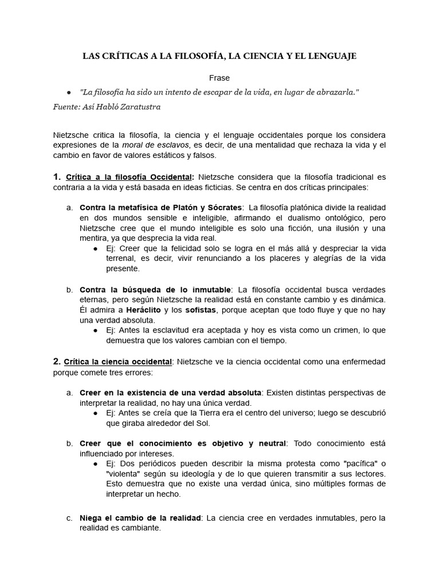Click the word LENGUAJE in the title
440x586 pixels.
[332, 56]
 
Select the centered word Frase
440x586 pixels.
[219, 77]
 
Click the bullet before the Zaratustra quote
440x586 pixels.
[69, 92]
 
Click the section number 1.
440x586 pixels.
[57, 177]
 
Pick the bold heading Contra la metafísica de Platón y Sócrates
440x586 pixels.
[161, 207]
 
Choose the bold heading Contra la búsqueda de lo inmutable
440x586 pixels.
[155, 289]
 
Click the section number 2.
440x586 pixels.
[57, 362]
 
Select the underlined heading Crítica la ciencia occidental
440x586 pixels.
[119, 362]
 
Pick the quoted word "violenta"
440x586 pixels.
[125, 474]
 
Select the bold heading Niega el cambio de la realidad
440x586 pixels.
[140, 518]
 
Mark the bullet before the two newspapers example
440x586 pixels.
[95, 464]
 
